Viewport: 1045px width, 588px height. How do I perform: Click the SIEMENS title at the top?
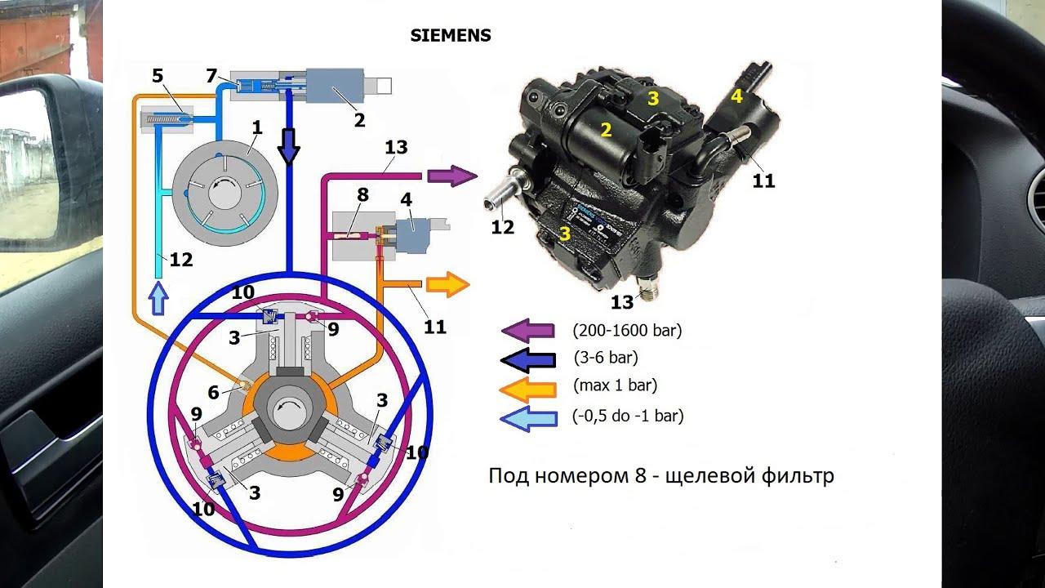click(x=450, y=36)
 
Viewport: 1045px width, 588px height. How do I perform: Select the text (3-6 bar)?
click(x=606, y=358)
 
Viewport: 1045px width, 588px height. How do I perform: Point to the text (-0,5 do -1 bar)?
click(x=628, y=416)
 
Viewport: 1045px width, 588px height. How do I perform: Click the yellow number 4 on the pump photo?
click(x=736, y=96)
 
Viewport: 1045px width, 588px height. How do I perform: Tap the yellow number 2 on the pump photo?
click(x=606, y=129)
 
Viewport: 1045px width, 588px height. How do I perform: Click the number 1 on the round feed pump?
click(x=256, y=128)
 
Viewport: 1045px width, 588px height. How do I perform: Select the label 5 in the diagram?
click(x=158, y=76)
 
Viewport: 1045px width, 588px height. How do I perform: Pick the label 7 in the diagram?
click(x=211, y=76)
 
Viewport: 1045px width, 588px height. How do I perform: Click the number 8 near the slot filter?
click(x=362, y=195)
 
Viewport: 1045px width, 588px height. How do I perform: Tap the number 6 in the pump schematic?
click(x=213, y=393)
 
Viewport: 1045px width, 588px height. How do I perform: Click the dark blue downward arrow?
click(x=288, y=148)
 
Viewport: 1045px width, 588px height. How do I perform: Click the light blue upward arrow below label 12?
click(x=159, y=300)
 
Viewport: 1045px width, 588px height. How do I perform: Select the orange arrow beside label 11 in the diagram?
click(x=448, y=284)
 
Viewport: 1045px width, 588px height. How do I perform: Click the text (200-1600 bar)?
click(x=627, y=331)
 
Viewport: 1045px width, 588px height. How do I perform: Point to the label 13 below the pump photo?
click(x=622, y=303)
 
